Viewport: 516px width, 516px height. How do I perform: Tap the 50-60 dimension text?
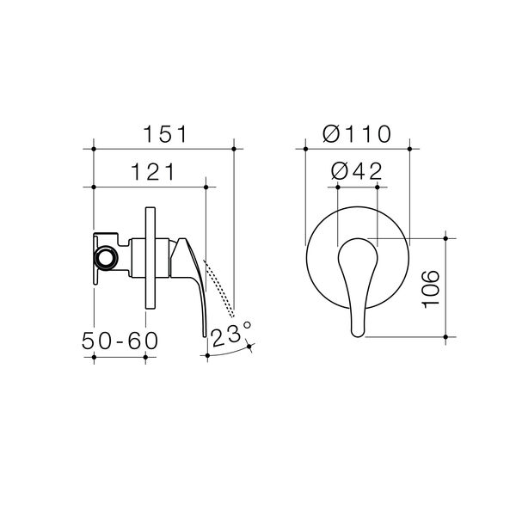(x=120, y=339)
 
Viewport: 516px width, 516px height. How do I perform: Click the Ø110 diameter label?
(x=358, y=133)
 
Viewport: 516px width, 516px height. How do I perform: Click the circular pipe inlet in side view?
(x=107, y=257)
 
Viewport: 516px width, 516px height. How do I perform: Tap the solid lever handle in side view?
(x=191, y=275)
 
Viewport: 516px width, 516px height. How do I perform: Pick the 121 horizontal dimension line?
(x=150, y=187)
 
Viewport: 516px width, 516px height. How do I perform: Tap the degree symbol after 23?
(x=247, y=326)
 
